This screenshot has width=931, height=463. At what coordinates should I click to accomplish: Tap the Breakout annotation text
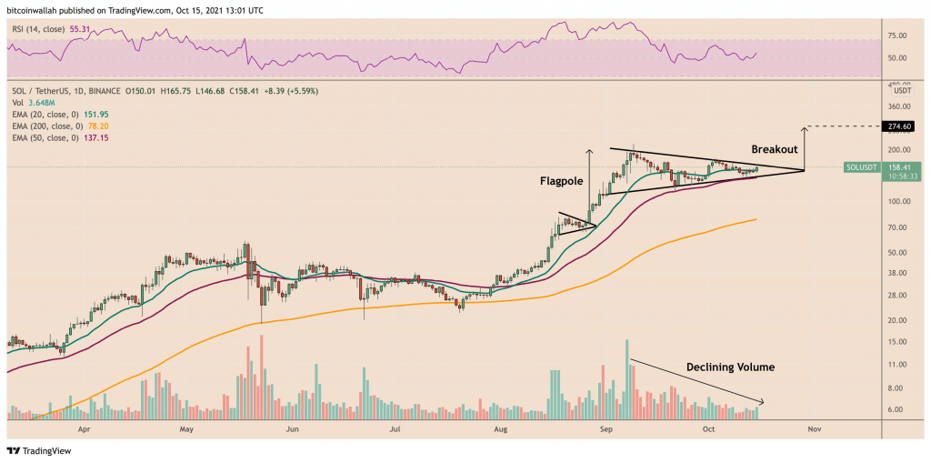coord(774,149)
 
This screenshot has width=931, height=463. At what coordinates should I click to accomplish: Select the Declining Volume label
coord(729,367)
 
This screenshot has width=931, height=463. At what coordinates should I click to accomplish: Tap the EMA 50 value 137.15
coord(97,138)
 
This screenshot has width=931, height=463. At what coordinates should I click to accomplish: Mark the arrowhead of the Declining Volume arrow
coord(763,402)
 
